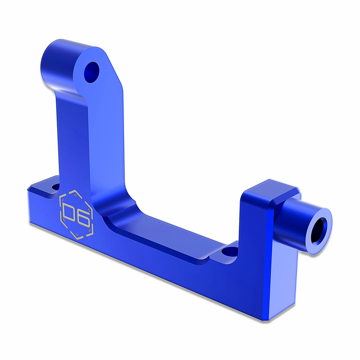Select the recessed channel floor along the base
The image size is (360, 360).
(x=170, y=242)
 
